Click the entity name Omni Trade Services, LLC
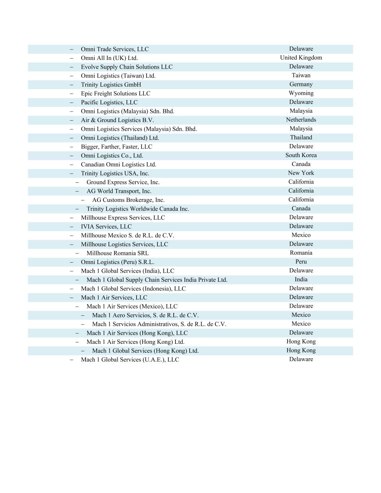coord(114,49)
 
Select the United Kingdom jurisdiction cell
coord(301,58)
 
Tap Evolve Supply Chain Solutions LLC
coord(126,67)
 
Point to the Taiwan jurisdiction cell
coord(301,75)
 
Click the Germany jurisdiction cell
coord(301,84)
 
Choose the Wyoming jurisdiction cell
coord(301,93)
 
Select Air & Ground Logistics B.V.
coord(117,120)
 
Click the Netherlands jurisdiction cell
coord(301,120)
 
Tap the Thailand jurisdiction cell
coord(301,138)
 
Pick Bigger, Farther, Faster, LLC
coord(116,147)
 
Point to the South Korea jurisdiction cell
coord(301,155)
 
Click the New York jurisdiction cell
coord(301,173)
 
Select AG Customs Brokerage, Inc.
coord(128,200)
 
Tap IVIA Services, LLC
coord(106,226)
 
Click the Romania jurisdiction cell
coord(301,253)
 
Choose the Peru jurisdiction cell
coord(301,262)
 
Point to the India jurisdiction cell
coord(301,280)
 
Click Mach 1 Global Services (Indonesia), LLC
coord(133,289)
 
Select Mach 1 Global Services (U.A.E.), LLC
coord(130,360)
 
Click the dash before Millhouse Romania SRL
coord(77,253)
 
